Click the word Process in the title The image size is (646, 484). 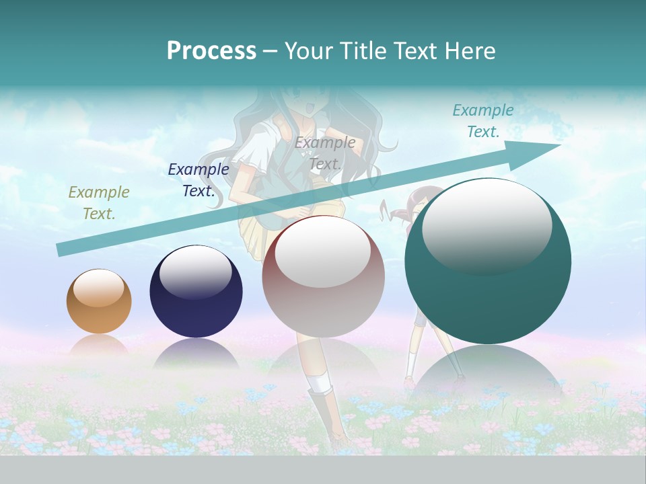(211, 51)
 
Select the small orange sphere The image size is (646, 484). (99, 302)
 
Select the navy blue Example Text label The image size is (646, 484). (199, 180)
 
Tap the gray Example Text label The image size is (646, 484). (325, 153)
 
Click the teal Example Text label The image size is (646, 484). (483, 121)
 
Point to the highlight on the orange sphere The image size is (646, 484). (99, 288)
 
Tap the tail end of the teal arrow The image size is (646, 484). (61, 249)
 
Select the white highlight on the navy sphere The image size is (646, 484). (196, 272)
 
